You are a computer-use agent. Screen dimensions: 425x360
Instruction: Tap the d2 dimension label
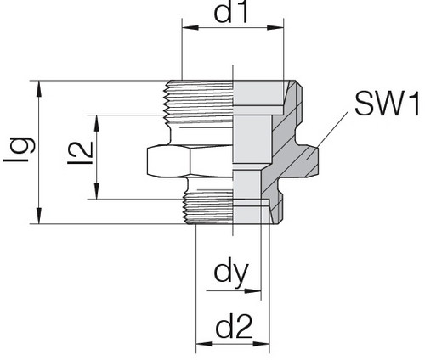234,327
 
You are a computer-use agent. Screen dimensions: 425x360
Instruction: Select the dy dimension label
231,274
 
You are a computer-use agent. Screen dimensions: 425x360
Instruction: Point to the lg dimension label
20,150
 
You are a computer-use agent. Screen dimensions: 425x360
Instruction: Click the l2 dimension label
81,153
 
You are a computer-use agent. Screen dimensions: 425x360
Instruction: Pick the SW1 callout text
387,104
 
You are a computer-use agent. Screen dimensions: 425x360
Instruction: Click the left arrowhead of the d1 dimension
190,27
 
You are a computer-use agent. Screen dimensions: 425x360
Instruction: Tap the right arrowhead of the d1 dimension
275,27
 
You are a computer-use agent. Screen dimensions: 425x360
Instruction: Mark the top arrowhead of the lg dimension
39,89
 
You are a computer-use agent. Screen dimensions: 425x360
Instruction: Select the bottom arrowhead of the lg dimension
39,216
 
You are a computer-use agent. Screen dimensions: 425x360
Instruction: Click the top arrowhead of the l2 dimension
97,123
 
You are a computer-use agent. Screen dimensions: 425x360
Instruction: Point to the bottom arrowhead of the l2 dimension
97,191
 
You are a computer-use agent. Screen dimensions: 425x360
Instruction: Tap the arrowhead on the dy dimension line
252,290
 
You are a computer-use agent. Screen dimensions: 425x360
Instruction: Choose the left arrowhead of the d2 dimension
204,344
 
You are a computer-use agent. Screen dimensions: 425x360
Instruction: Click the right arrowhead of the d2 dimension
261,344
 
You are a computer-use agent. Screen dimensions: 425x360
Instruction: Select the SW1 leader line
332,130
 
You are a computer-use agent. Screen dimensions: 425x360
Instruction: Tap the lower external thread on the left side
208,208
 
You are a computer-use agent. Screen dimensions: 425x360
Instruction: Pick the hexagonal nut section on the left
190,161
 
